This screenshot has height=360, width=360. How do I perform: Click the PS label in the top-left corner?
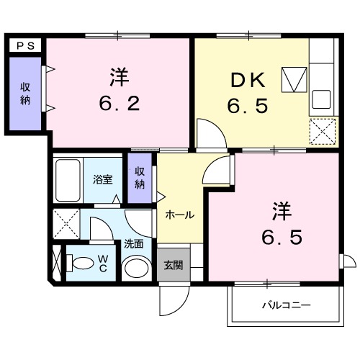coord(25,44)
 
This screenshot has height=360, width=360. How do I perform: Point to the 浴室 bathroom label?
coord(102,180)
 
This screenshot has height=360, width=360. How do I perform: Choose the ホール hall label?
coord(179,214)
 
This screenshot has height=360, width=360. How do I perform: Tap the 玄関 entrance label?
coord(174,264)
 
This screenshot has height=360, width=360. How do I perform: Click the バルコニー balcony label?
coord(286,305)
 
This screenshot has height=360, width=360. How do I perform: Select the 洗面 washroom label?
coord(133,243)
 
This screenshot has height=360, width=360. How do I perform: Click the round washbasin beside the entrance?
coord(135,269)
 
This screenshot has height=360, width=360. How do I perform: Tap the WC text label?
coord(102,264)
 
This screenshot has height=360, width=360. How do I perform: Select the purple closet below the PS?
coord(25,94)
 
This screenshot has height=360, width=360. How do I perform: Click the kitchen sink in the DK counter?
coord(321,99)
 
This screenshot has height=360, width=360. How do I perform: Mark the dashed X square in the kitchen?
coord(321,132)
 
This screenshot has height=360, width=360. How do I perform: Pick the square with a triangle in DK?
coord(293,79)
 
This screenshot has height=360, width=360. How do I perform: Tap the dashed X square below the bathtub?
coord(66,223)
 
